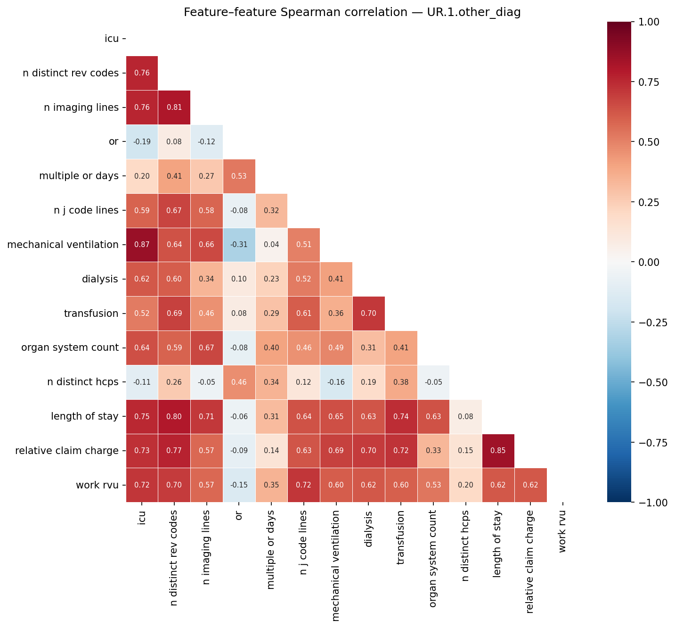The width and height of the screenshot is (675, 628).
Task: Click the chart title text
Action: pos(352,12)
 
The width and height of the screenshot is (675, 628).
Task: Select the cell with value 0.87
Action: pos(142,245)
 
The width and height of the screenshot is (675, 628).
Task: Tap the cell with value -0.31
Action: pos(239,245)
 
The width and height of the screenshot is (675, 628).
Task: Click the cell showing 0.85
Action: pos(498,451)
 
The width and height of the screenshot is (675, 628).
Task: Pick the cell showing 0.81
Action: pos(174,107)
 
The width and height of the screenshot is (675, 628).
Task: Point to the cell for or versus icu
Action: pos(142,142)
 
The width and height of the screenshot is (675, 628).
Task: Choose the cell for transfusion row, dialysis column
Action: pos(368,314)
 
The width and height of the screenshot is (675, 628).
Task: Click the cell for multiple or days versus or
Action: pos(239,176)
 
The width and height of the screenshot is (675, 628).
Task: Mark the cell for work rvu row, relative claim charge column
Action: pos(531,485)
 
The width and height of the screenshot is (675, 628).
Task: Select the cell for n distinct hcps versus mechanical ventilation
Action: pos(336,382)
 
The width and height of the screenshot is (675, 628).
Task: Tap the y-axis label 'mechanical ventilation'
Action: pos(63,245)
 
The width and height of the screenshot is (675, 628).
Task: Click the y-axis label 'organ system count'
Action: pos(70,348)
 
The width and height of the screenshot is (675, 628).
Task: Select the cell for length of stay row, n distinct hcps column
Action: pos(466,417)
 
